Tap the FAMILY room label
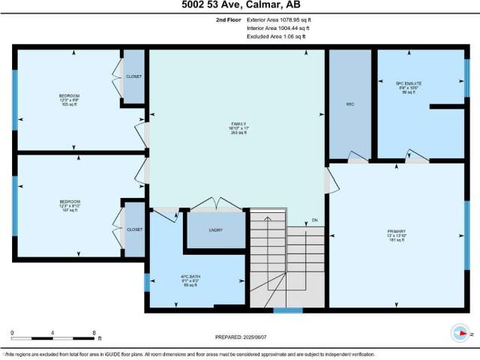239,124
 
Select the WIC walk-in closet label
350,104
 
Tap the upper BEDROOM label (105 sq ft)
70,96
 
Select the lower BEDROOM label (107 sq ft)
70,202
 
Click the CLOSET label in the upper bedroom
134,76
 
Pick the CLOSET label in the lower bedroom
134,229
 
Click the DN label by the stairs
316,220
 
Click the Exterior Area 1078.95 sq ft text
278,19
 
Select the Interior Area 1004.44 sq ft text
278,28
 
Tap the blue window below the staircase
287,310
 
